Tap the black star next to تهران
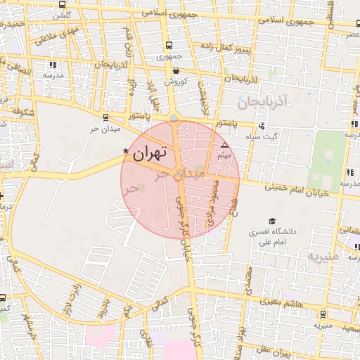pyautogui.click(x=126, y=150)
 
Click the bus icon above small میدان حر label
pyautogui.click(x=105, y=118)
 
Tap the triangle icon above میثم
pyautogui.click(x=224, y=145)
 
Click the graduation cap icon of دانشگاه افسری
pyautogui.click(x=271, y=220)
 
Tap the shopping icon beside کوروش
pyautogui.click(x=175, y=70)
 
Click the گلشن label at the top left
pyautogui.click(x=61, y=15)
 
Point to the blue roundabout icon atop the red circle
pyautogui.click(x=174, y=118)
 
